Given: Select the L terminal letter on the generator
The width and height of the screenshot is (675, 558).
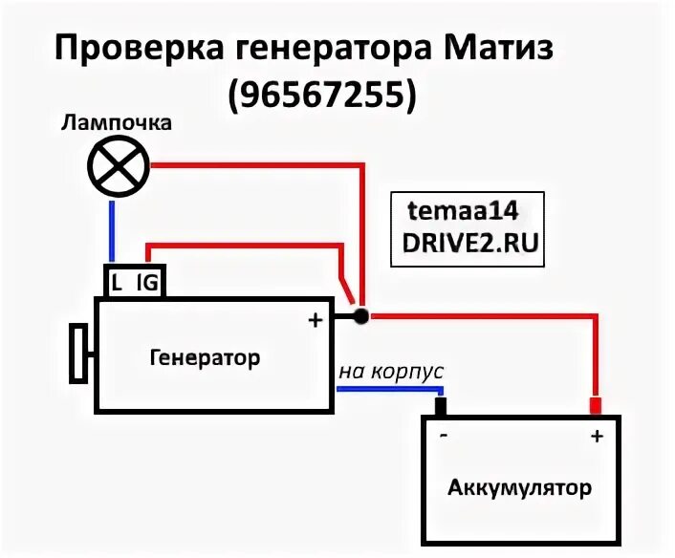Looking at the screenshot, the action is coord(117,282).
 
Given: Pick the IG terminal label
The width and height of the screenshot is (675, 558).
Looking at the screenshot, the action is coord(146,282).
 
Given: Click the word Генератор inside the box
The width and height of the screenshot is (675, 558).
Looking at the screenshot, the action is coord(205,358).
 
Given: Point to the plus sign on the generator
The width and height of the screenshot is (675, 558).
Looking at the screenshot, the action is coord(314,320).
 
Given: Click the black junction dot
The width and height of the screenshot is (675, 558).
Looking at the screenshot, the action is coord(360,314).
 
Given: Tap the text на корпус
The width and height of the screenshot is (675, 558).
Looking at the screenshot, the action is coord(391,371).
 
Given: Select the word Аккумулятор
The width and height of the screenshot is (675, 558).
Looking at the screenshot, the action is coord(519,488).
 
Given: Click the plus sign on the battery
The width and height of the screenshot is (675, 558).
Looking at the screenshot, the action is coord(597,437).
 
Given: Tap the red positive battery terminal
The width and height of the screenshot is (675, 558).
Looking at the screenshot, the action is coord(594,407).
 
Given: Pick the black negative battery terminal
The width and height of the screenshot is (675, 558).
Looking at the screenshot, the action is coord(441,407).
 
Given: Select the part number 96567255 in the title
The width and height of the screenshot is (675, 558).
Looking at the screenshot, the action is coord(323,93).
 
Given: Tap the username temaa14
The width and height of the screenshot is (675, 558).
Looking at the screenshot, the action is coord(465,212).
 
